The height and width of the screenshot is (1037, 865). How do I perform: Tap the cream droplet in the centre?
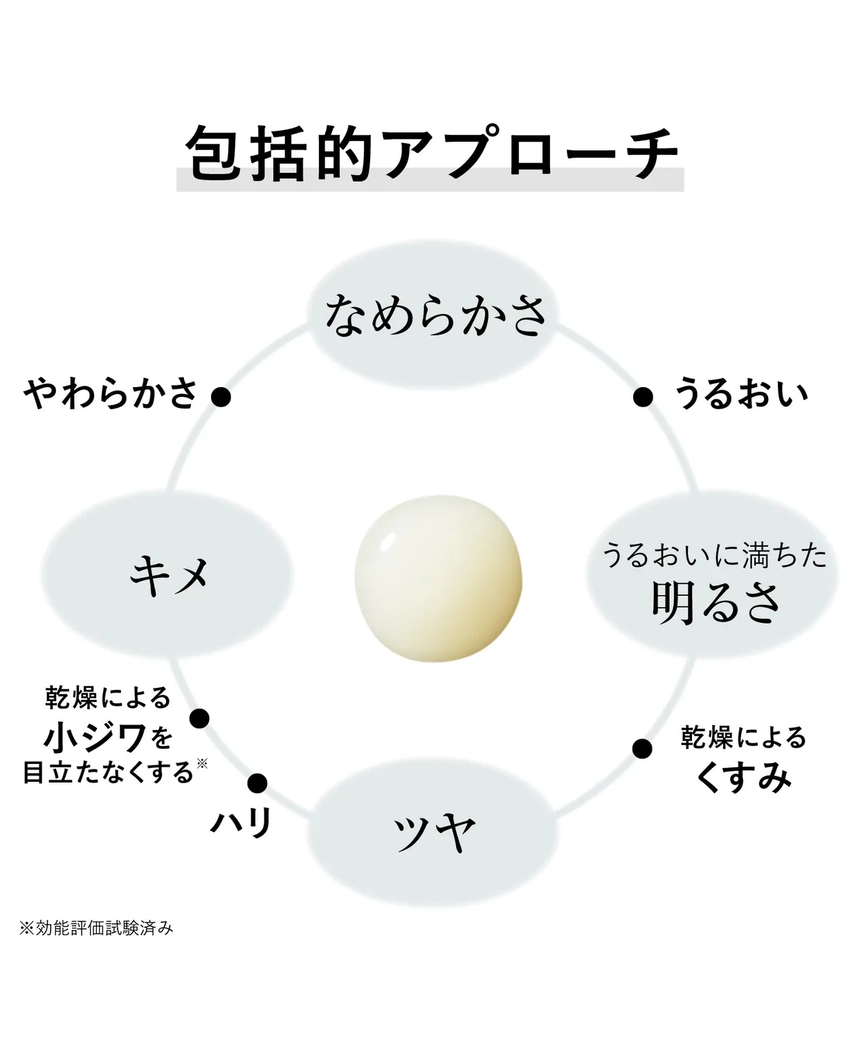(438, 578)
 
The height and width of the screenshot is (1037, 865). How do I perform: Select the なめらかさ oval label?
(432, 314)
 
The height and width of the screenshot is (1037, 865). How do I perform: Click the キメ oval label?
(167, 574)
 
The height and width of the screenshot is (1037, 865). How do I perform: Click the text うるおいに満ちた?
(714, 555)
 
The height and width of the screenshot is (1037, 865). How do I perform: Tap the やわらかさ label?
(111, 393)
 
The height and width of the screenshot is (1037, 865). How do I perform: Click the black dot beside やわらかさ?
(221, 398)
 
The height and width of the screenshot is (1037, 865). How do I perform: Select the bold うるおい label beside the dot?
(740, 393)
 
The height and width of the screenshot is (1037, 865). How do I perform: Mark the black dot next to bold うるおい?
(643, 398)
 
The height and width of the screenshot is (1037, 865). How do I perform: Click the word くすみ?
(743, 778)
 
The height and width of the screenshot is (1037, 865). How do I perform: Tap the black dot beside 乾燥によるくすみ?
(642, 749)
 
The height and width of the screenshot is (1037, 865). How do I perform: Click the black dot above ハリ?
(257, 783)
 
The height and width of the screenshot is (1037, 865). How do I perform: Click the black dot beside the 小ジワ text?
(199, 718)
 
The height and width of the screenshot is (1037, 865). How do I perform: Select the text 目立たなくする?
(108, 773)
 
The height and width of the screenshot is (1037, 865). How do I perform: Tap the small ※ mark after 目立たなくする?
(201, 763)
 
